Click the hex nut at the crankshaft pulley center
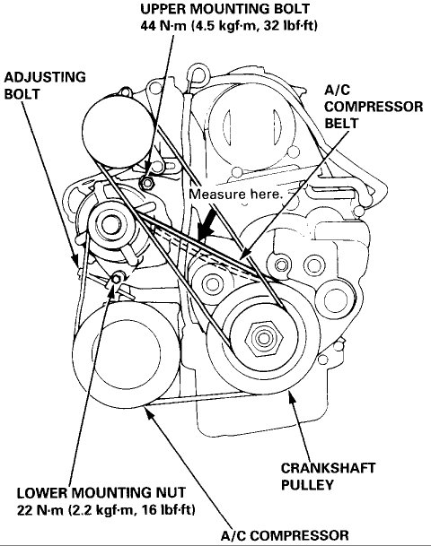tap(263, 340)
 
